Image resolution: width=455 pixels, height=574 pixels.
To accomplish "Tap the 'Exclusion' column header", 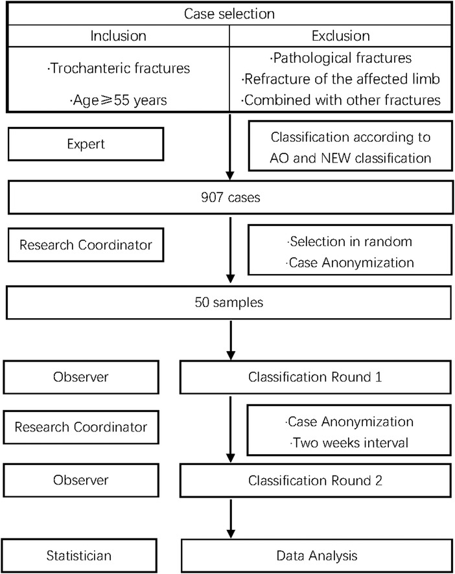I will pyautogui.click(x=342, y=35).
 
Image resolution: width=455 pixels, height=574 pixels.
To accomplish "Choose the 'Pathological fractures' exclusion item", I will pyautogui.click(x=343, y=58).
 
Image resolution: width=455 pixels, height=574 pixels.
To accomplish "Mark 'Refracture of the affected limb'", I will pyautogui.click(x=343, y=79).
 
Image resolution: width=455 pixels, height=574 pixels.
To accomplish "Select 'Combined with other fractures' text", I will pyautogui.click(x=343, y=100).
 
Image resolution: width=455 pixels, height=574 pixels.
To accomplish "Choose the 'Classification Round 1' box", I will pyautogui.click(x=314, y=376).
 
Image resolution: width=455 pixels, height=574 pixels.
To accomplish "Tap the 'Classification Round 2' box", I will pyautogui.click(x=314, y=480).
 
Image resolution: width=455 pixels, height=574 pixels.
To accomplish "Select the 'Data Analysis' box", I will pyautogui.click(x=314, y=555).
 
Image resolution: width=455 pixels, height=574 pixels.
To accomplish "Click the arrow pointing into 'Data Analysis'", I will pyautogui.click(x=230, y=525).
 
